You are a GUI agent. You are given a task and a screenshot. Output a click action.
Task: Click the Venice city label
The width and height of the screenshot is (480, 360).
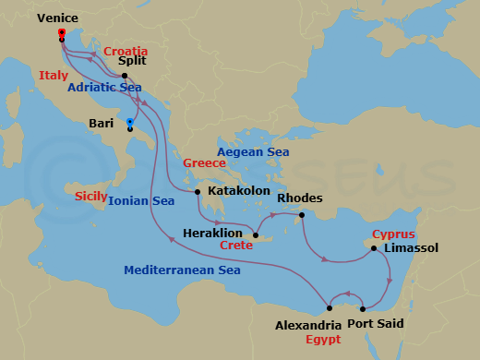58,18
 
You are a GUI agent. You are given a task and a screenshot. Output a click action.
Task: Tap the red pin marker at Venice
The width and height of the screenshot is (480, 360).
61,34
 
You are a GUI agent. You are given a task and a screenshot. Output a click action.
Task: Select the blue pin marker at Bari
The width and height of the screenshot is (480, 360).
129,122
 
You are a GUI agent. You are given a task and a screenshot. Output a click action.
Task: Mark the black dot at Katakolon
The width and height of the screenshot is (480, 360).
198,192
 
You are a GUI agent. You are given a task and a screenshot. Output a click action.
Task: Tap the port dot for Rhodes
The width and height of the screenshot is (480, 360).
300,216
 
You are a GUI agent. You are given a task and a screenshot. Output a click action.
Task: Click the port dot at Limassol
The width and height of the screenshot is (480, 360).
374,247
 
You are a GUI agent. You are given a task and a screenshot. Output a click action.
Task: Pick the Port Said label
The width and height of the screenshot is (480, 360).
375,323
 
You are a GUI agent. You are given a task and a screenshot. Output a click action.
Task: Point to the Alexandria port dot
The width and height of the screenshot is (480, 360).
330,308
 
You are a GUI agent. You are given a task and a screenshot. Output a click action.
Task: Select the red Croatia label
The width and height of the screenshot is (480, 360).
126,50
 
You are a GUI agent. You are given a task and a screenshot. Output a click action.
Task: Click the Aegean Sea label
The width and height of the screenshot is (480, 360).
253,151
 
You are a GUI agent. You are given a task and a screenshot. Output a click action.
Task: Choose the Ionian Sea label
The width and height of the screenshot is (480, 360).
141,199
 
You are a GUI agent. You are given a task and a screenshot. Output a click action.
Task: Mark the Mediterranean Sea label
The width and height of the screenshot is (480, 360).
183,270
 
